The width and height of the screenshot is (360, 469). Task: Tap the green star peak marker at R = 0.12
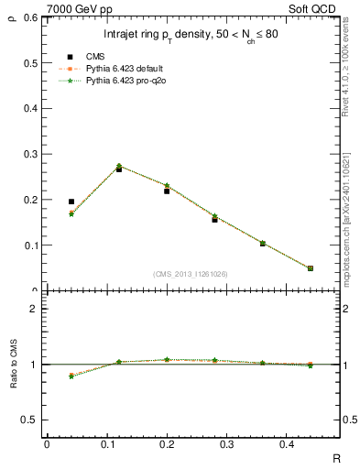tap(119, 166)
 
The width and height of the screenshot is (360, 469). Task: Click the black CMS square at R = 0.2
tap(167, 191)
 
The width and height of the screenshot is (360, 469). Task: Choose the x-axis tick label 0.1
tap(106, 444)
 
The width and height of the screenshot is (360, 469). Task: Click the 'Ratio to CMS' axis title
tap(13, 364)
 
